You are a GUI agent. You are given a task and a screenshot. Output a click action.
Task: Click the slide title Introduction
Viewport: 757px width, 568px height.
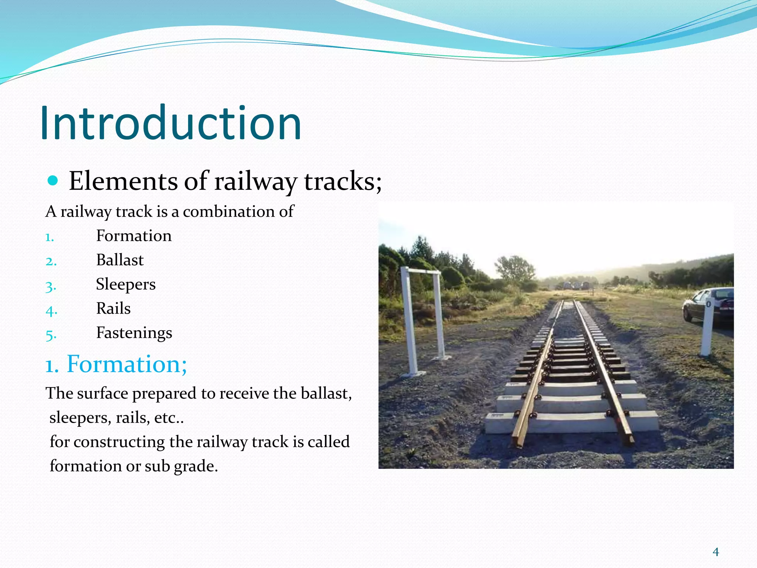(x=170, y=123)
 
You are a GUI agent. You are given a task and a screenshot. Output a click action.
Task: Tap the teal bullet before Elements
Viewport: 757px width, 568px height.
(x=53, y=181)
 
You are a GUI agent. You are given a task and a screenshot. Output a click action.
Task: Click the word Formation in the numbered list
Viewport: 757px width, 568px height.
(x=134, y=236)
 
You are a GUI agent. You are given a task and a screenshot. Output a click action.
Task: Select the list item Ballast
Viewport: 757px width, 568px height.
(x=120, y=260)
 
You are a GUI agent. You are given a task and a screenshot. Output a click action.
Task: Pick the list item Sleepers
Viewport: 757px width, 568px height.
(x=126, y=284)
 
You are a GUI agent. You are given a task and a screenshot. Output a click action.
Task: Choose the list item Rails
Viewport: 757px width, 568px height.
(x=113, y=308)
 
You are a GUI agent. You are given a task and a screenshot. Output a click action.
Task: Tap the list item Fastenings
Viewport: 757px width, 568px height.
(x=134, y=333)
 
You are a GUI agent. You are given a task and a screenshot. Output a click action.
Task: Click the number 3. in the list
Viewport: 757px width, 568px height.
(x=51, y=286)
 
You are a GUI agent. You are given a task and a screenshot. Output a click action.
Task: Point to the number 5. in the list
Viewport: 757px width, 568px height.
(x=51, y=335)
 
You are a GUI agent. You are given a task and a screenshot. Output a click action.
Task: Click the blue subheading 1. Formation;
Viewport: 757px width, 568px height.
(x=116, y=364)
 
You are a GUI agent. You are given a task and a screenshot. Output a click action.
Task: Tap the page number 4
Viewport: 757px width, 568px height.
(x=716, y=552)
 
